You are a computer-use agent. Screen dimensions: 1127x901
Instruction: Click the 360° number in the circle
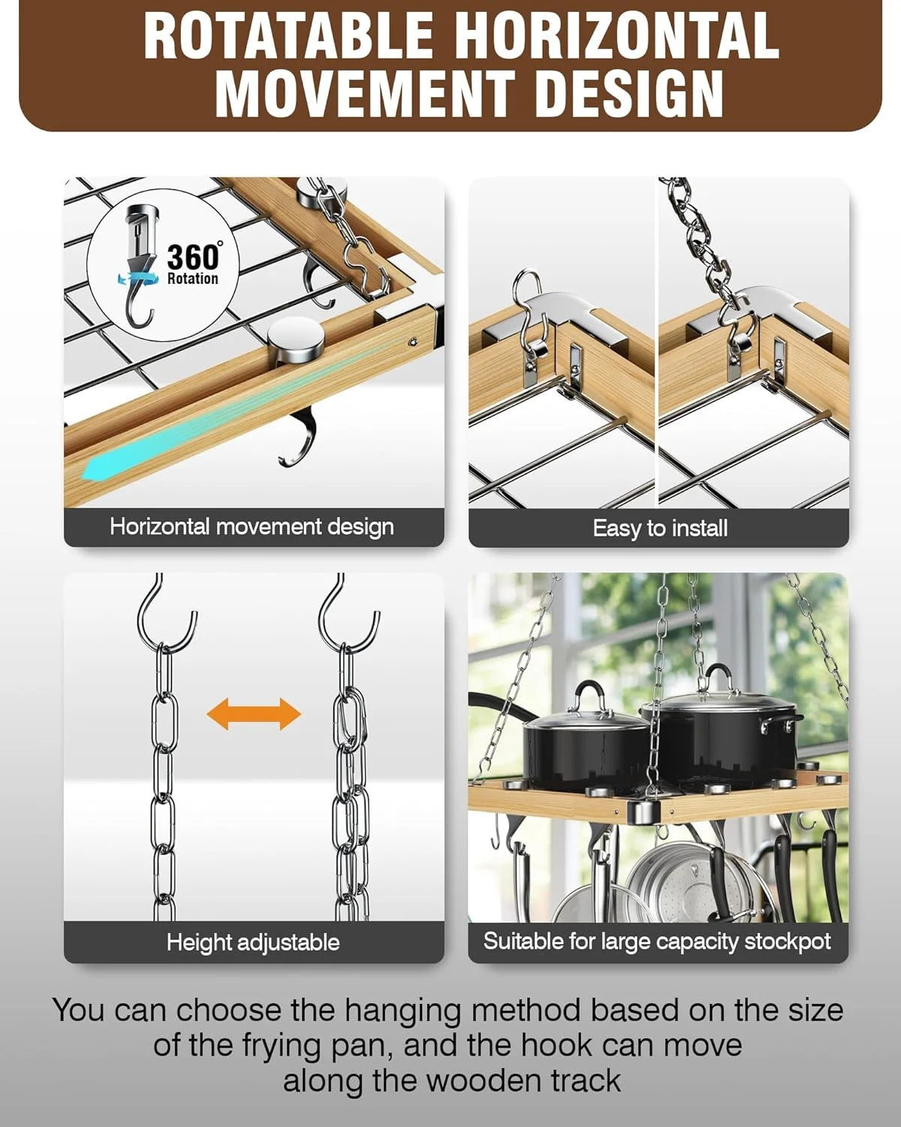coord(193,256)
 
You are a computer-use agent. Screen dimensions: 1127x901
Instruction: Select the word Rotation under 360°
coord(192,279)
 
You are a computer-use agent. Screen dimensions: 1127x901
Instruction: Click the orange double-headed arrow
coord(254,713)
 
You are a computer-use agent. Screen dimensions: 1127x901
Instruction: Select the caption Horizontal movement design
coord(252,527)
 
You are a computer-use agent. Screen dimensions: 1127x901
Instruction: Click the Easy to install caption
coord(659,528)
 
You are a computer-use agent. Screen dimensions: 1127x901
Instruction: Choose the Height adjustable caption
coord(253,942)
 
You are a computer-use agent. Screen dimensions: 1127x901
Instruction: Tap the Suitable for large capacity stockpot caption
coord(657,941)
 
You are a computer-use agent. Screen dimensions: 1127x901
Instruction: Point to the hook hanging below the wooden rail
coord(299,440)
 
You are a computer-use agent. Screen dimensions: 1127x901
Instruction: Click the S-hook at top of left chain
coord(167,612)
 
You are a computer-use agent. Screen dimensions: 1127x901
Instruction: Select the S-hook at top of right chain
coord(347,612)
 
